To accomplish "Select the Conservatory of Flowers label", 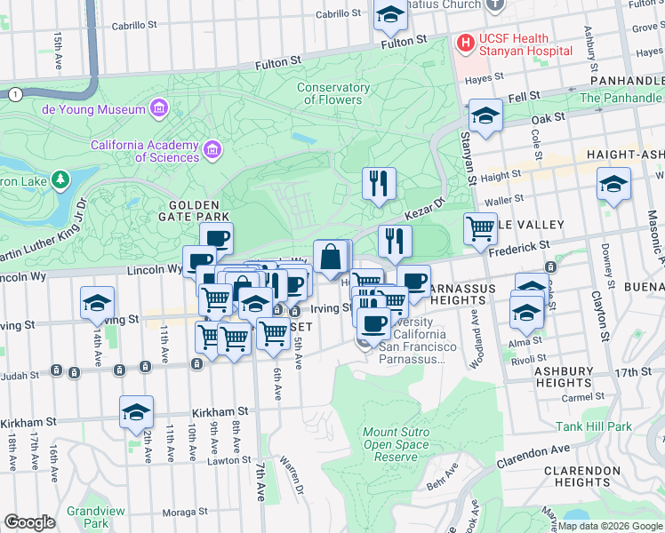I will pos(333,93).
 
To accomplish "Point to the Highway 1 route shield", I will pos(14,93).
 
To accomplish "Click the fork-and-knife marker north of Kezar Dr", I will pos(379,184).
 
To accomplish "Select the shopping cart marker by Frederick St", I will pos(480,228).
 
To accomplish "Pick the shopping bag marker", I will pos(330,258).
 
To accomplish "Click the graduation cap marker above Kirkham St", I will pos(136,412).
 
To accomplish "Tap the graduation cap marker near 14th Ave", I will pos(97,304).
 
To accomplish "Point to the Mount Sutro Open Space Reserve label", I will pos(397,444).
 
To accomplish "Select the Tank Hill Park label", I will pos(594,426).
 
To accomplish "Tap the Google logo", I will pos(30,522).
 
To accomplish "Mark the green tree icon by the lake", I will pos(60,180).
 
